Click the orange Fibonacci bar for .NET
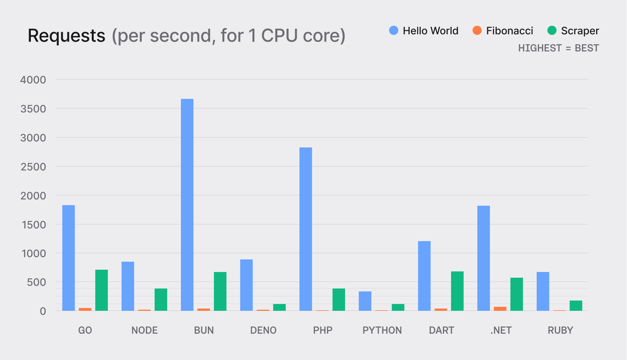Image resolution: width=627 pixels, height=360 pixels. click(x=500, y=309)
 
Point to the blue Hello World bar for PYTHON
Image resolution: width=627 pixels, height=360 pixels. click(x=365, y=301)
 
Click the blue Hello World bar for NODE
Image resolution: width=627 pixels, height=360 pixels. click(x=128, y=286)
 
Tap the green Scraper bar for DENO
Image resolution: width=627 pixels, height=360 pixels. click(x=279, y=307)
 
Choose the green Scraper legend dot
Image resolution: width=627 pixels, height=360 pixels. click(x=552, y=31)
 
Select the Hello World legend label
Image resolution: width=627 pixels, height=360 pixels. click(x=430, y=31)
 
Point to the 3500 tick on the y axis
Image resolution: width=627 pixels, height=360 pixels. click(x=33, y=109)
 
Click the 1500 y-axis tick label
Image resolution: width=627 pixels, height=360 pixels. click(x=33, y=224)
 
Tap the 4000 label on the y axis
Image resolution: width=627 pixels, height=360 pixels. click(x=33, y=80)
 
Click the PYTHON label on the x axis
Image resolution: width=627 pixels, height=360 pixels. click(x=382, y=331)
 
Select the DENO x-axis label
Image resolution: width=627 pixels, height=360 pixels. click(x=263, y=331)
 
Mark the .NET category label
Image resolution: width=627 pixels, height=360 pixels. click(x=501, y=331)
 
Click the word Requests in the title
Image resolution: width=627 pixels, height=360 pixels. click(x=66, y=36)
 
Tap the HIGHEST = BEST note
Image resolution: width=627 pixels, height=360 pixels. click(x=558, y=48)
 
